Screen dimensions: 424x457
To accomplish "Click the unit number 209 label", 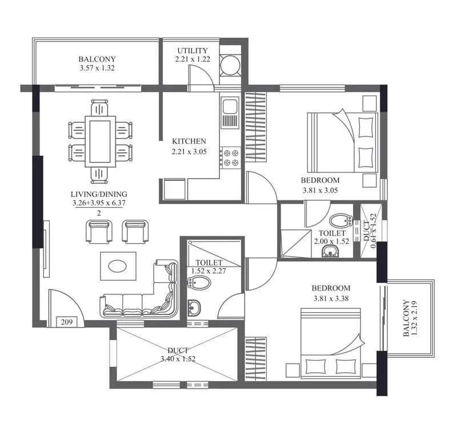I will (x=67, y=322).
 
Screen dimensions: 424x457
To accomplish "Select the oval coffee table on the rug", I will (x=118, y=266).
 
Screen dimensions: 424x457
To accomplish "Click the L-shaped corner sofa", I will (x=143, y=297).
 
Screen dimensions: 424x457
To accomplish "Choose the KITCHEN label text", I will (x=189, y=142).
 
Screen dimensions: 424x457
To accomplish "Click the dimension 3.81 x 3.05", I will (x=320, y=191).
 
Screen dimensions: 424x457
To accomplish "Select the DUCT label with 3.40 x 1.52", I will (x=178, y=350).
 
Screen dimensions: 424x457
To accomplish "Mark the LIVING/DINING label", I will (x=99, y=193).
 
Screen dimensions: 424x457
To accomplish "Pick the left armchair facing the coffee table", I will (x=98, y=231).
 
